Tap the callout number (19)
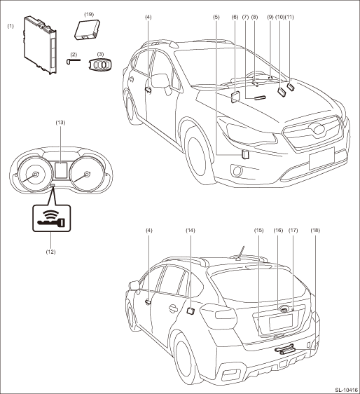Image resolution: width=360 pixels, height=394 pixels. [x=88, y=14]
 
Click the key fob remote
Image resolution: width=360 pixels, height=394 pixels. [x=101, y=65]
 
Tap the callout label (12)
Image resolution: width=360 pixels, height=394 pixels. [x=50, y=251]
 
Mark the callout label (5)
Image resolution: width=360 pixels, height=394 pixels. [x=216, y=15]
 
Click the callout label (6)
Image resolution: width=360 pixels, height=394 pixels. [x=235, y=15]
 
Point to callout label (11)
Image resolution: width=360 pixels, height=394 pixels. [x=291, y=15]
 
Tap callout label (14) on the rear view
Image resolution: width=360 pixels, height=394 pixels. [x=190, y=230]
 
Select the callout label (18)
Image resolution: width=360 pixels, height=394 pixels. [x=314, y=230]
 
